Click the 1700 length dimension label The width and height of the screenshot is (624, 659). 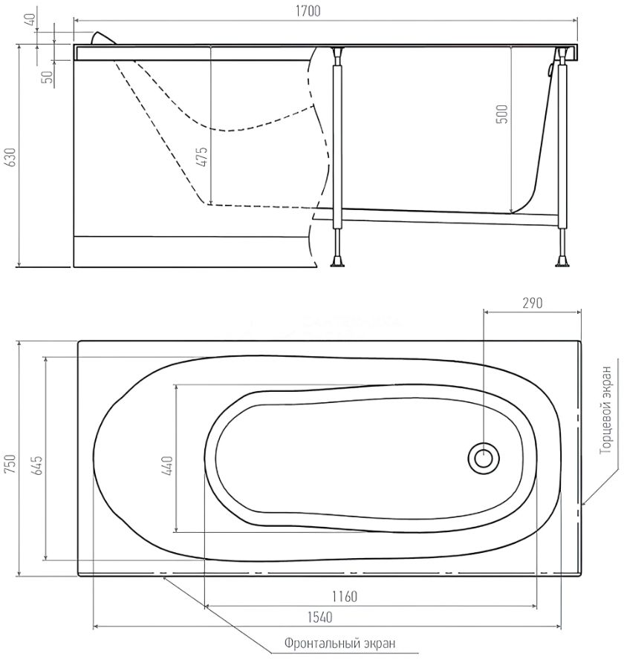308,11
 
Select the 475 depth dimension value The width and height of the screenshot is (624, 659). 202,157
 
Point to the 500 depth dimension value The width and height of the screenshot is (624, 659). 502,114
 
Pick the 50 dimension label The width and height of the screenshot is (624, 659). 48,76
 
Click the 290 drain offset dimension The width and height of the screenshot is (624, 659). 533,303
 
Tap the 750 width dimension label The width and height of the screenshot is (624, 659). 10,464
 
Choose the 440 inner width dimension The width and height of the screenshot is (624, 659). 167,465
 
